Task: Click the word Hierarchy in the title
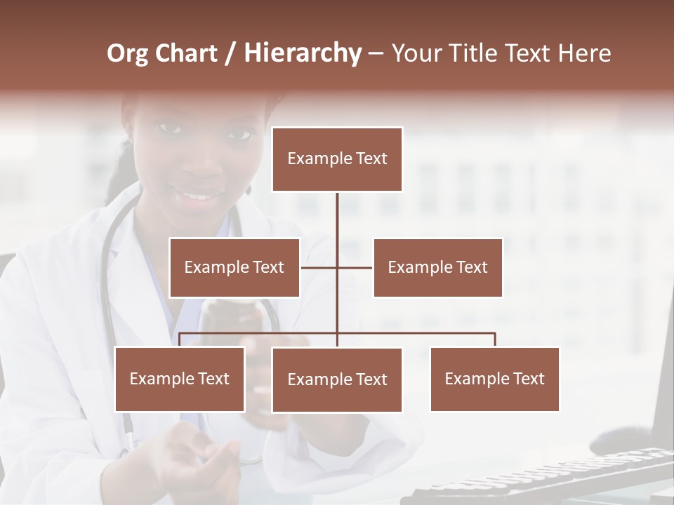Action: [x=302, y=54]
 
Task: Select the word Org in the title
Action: [x=128, y=54]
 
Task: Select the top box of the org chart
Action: [x=337, y=159]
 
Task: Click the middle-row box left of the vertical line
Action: [x=234, y=267]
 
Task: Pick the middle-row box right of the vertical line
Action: [x=437, y=267]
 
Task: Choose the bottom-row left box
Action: [x=180, y=379]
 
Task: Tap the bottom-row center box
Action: [x=337, y=379]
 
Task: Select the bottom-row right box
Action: [x=494, y=379]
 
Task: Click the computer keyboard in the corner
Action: [x=548, y=477]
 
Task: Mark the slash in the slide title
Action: [x=230, y=54]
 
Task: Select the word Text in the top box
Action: [x=371, y=159]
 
